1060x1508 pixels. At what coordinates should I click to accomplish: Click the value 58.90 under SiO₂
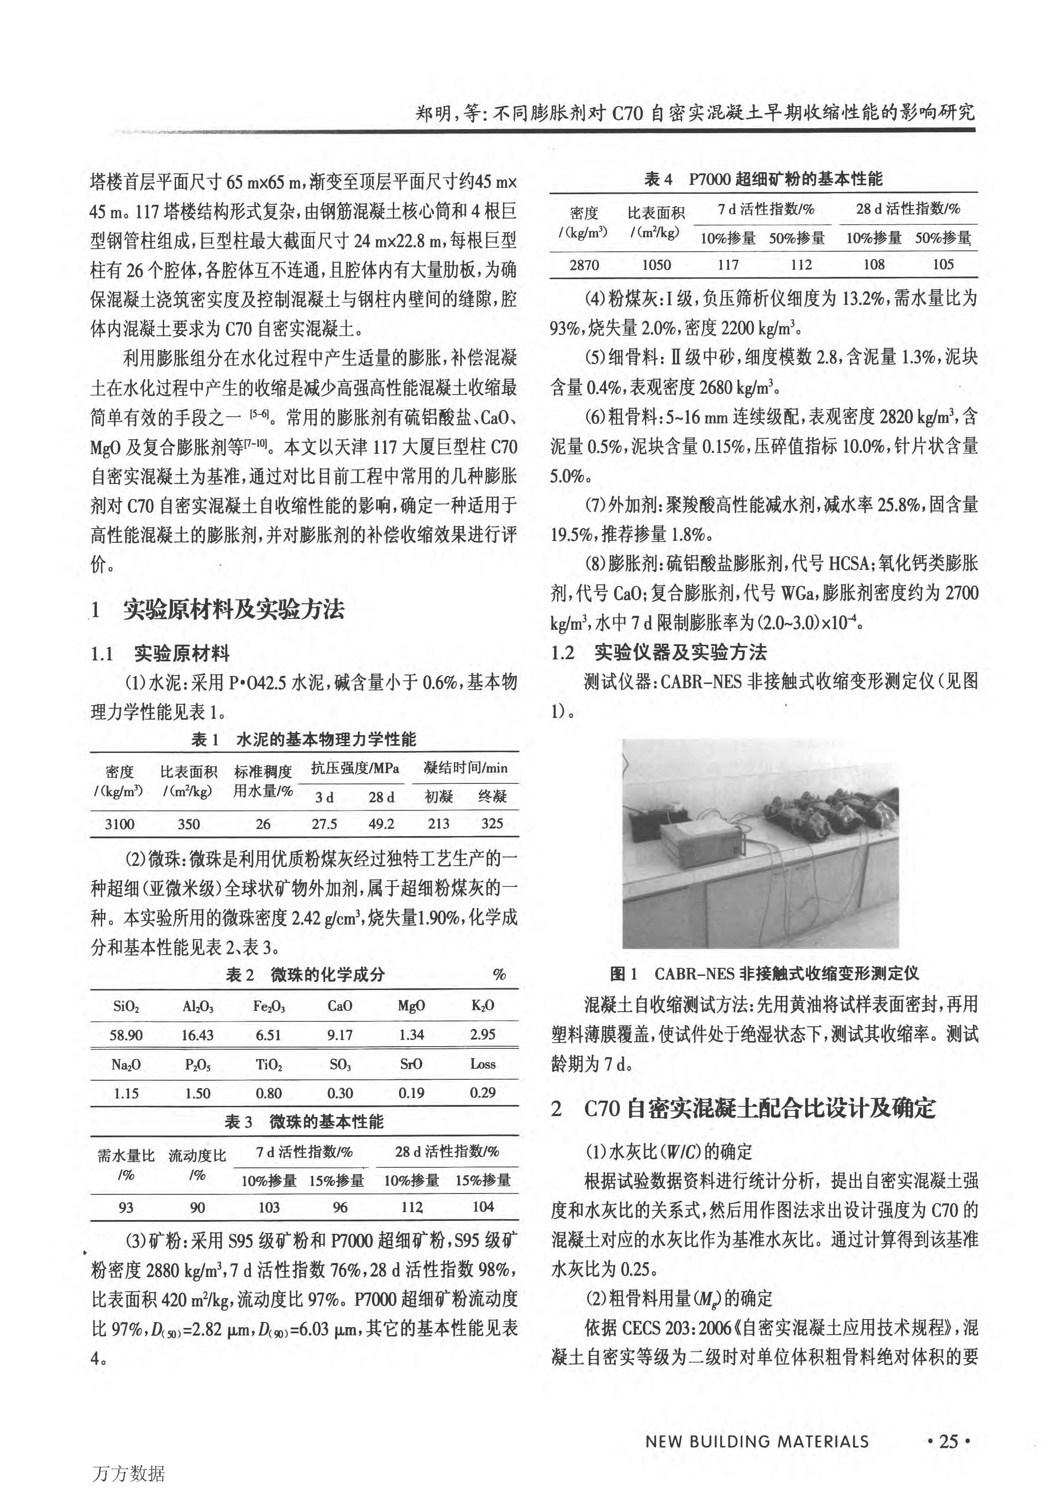(126, 1035)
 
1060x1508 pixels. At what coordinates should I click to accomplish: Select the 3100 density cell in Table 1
(119, 824)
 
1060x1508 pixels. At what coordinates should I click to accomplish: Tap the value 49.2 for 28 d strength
(381, 824)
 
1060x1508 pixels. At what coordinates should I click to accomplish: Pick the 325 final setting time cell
(492, 824)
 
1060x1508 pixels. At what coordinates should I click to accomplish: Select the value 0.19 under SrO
(411, 1093)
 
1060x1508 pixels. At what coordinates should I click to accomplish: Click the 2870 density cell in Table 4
(584, 265)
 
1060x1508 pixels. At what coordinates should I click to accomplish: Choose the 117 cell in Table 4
(728, 265)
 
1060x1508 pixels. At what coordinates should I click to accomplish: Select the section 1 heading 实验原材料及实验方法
(234, 610)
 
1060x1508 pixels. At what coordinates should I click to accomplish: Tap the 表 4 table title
(763, 179)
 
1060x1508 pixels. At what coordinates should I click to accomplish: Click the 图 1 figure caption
(764, 973)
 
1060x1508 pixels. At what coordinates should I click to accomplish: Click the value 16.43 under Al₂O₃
(198, 1035)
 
